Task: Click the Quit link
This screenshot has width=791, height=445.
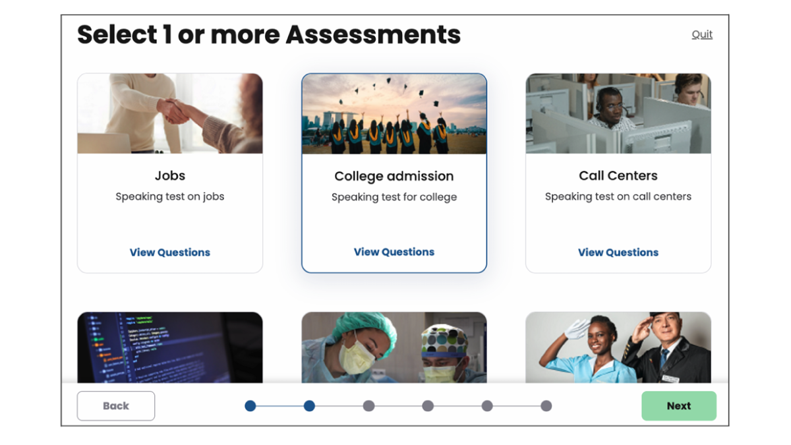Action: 701,34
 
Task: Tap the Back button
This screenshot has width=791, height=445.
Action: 116,406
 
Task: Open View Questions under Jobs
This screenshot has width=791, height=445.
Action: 170,252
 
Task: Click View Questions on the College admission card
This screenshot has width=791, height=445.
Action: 394,252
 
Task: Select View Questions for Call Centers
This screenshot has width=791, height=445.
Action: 618,252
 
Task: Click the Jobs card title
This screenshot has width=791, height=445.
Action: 170,175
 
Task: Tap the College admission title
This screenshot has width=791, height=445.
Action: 394,176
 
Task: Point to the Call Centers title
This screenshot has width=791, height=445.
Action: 618,175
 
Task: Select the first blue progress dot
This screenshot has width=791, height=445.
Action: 250,406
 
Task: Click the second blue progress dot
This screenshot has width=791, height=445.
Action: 309,406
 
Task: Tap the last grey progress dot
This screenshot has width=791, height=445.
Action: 546,406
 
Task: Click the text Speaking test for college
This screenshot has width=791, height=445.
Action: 394,197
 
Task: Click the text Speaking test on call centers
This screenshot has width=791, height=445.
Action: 618,196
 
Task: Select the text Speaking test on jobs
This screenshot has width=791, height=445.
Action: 170,196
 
